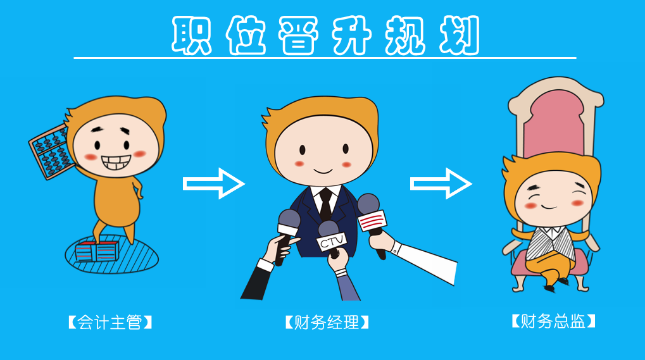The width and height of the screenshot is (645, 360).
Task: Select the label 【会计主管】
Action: click(x=111, y=323)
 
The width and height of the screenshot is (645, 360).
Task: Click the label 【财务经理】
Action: click(x=326, y=323)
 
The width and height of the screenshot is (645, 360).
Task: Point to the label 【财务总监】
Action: click(x=554, y=321)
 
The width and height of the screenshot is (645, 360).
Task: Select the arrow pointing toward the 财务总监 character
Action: click(x=441, y=183)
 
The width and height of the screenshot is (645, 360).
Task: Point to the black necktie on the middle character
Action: click(x=325, y=202)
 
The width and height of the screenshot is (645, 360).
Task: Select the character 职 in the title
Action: click(x=192, y=35)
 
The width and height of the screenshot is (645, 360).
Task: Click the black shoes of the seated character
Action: click(x=555, y=283)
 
